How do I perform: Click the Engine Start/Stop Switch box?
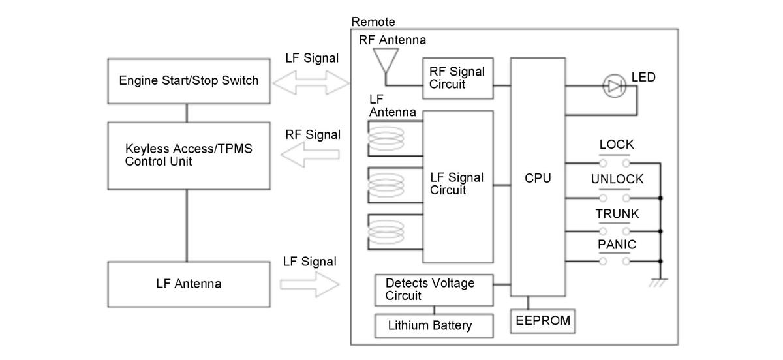188,82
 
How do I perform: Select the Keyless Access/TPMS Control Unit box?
188,155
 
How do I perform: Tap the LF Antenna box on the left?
188,284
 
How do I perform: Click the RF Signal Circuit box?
457,78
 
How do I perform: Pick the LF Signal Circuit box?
457,183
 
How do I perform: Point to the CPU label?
538,178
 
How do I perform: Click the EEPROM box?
542,320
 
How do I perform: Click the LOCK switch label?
617,145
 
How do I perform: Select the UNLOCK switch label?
617,179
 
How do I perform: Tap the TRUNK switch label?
617,214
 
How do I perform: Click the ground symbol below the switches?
660,282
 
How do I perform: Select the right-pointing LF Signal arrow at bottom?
311,284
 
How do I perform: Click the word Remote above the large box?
373,22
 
